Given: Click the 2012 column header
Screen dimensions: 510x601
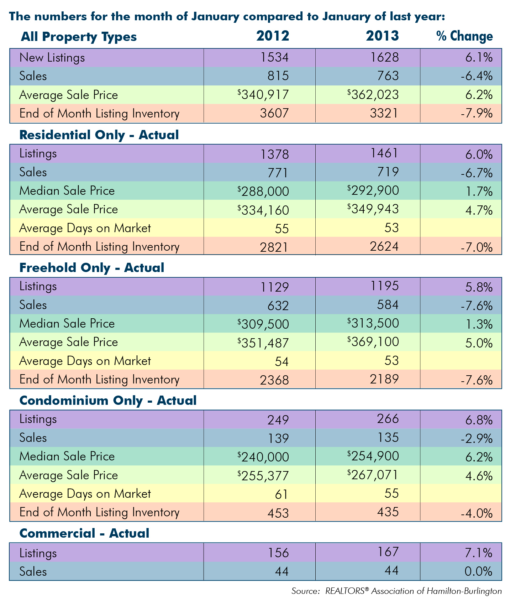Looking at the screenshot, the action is pos(273,36).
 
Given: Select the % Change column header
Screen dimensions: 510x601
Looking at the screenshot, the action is pos(465,36).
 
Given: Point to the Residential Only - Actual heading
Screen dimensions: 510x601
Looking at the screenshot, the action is pos(99,135).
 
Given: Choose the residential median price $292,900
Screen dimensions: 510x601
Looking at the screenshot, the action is pos(373,190).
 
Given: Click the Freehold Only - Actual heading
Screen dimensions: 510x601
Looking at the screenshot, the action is pos(92,268).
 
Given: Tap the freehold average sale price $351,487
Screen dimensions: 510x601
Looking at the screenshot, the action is pos(263,343).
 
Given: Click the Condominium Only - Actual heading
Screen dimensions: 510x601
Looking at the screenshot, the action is pos(108,401).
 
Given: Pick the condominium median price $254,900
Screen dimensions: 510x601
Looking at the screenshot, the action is pos(373,456).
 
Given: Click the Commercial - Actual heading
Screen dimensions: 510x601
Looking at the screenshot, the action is pos(84,533).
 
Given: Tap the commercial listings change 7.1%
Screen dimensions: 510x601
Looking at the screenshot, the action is pos(479,553).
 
